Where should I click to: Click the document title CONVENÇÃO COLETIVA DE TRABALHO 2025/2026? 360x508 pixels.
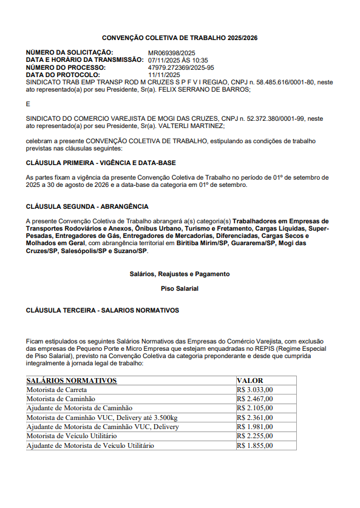click(180, 38)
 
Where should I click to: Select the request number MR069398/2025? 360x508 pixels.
click(171, 53)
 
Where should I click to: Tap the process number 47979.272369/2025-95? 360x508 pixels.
click(181, 67)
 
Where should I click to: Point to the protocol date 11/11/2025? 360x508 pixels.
click(165, 75)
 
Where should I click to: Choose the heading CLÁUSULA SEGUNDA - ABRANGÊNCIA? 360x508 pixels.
click(87, 206)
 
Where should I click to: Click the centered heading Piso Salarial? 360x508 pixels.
click(180, 288)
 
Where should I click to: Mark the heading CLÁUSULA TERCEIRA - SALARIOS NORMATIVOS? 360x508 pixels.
click(102, 310)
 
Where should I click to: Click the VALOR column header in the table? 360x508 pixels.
click(250, 381)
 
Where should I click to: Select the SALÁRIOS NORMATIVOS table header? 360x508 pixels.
click(72, 381)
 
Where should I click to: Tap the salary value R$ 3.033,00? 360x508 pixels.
click(256, 390)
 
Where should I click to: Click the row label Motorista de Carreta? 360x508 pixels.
click(56, 390)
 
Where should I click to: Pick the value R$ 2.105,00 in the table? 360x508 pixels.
click(256, 408)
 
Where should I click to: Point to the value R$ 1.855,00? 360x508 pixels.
click(256, 445)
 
